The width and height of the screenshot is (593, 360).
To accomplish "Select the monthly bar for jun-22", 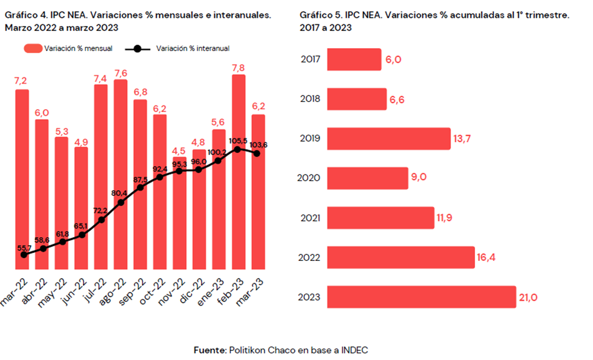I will (81, 208).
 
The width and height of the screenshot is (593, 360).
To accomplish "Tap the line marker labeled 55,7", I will (24, 254).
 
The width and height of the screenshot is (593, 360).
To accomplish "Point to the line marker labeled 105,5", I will (238, 149).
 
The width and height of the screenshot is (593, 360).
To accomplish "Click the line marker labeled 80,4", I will (120, 202).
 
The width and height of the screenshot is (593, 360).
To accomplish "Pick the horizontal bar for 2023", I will (422, 297).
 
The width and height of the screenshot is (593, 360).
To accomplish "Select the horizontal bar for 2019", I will (389, 139).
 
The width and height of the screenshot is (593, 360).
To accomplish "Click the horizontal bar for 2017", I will (354, 59).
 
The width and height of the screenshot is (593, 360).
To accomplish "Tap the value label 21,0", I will (529, 297).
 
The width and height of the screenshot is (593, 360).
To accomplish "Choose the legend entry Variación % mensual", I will (68, 49).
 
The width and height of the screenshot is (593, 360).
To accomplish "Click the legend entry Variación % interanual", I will (178, 49).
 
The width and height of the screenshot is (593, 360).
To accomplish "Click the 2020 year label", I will (311, 178).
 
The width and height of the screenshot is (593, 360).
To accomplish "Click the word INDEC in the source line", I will (354, 350).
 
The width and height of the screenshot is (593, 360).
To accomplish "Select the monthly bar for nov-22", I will (179, 214).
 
